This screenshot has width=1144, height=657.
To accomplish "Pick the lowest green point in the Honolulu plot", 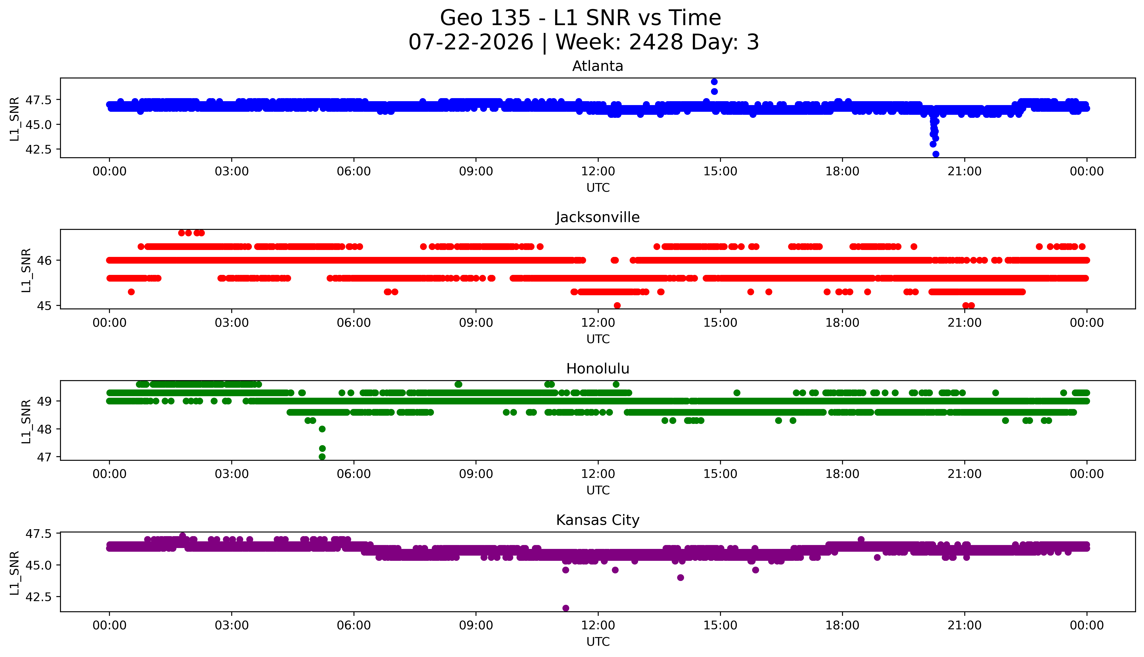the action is pos(322,457).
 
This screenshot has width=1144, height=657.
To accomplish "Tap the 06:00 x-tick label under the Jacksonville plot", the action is pos(354,323).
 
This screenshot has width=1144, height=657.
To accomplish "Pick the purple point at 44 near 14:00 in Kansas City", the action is pos(680,578).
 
